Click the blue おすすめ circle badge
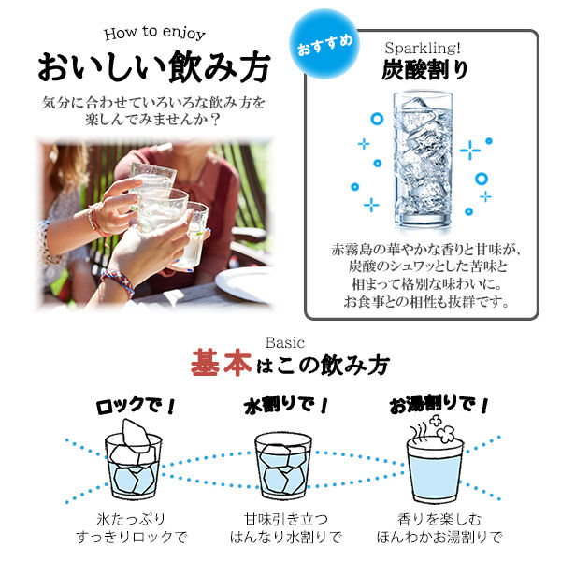324,44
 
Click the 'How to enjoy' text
154,34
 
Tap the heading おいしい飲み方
154,67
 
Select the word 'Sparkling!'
423,49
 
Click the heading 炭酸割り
424,70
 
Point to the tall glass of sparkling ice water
423,160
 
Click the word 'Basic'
285,343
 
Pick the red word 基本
221,364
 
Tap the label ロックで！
136,406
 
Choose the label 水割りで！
285,406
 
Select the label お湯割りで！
439,405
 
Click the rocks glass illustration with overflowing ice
133,460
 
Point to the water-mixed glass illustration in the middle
283,465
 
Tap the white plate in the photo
245,285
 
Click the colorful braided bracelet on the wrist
119,282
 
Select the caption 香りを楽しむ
439,519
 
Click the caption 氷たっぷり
131,519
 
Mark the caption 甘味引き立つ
285,519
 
